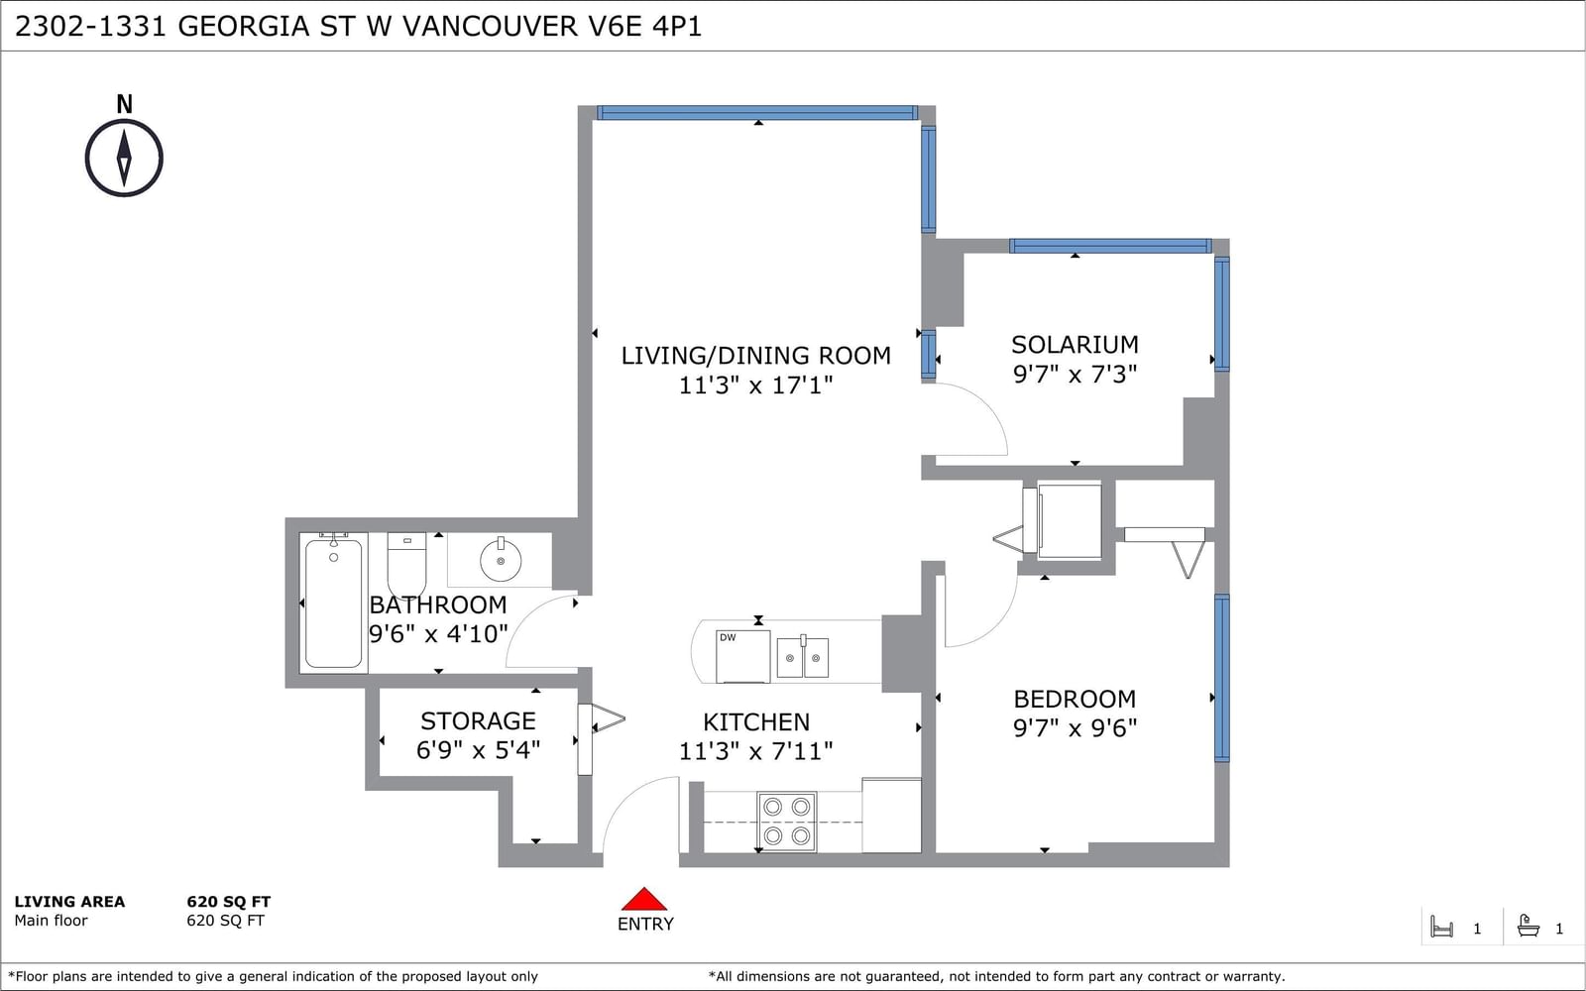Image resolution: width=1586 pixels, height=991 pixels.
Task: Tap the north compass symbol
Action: pyautogui.click(x=124, y=158)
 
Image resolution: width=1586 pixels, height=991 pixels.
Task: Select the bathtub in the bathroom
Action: pyautogui.click(x=333, y=603)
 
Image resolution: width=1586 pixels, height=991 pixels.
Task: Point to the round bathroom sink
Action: pyautogui.click(x=501, y=560)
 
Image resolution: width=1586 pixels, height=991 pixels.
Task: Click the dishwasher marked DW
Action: pyautogui.click(x=742, y=656)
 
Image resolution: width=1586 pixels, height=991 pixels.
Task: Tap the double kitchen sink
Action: pyautogui.click(x=803, y=657)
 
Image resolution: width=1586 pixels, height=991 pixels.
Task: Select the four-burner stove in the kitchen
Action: pyautogui.click(x=787, y=822)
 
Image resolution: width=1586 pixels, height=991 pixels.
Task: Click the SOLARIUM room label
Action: pyautogui.click(x=1075, y=345)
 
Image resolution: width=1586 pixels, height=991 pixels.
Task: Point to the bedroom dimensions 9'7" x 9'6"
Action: pyautogui.click(x=1075, y=727)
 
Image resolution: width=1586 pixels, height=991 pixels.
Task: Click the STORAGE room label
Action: pyautogui.click(x=478, y=720)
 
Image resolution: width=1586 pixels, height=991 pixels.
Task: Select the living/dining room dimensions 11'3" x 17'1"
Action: pyautogui.click(x=755, y=385)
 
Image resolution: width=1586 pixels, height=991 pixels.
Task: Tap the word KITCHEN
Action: pyautogui.click(x=756, y=722)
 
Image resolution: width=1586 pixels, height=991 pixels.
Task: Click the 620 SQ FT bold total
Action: pyautogui.click(x=229, y=902)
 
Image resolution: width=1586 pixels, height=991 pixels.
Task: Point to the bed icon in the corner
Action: pyautogui.click(x=1441, y=927)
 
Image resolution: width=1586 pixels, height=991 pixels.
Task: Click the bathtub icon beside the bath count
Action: pyautogui.click(x=1529, y=926)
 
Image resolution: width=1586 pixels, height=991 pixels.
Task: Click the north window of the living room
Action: pyautogui.click(x=757, y=113)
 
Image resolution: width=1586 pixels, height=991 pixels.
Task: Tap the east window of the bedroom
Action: pyautogui.click(x=1222, y=678)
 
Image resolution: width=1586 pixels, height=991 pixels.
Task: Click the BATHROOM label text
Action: pyautogui.click(x=437, y=606)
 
